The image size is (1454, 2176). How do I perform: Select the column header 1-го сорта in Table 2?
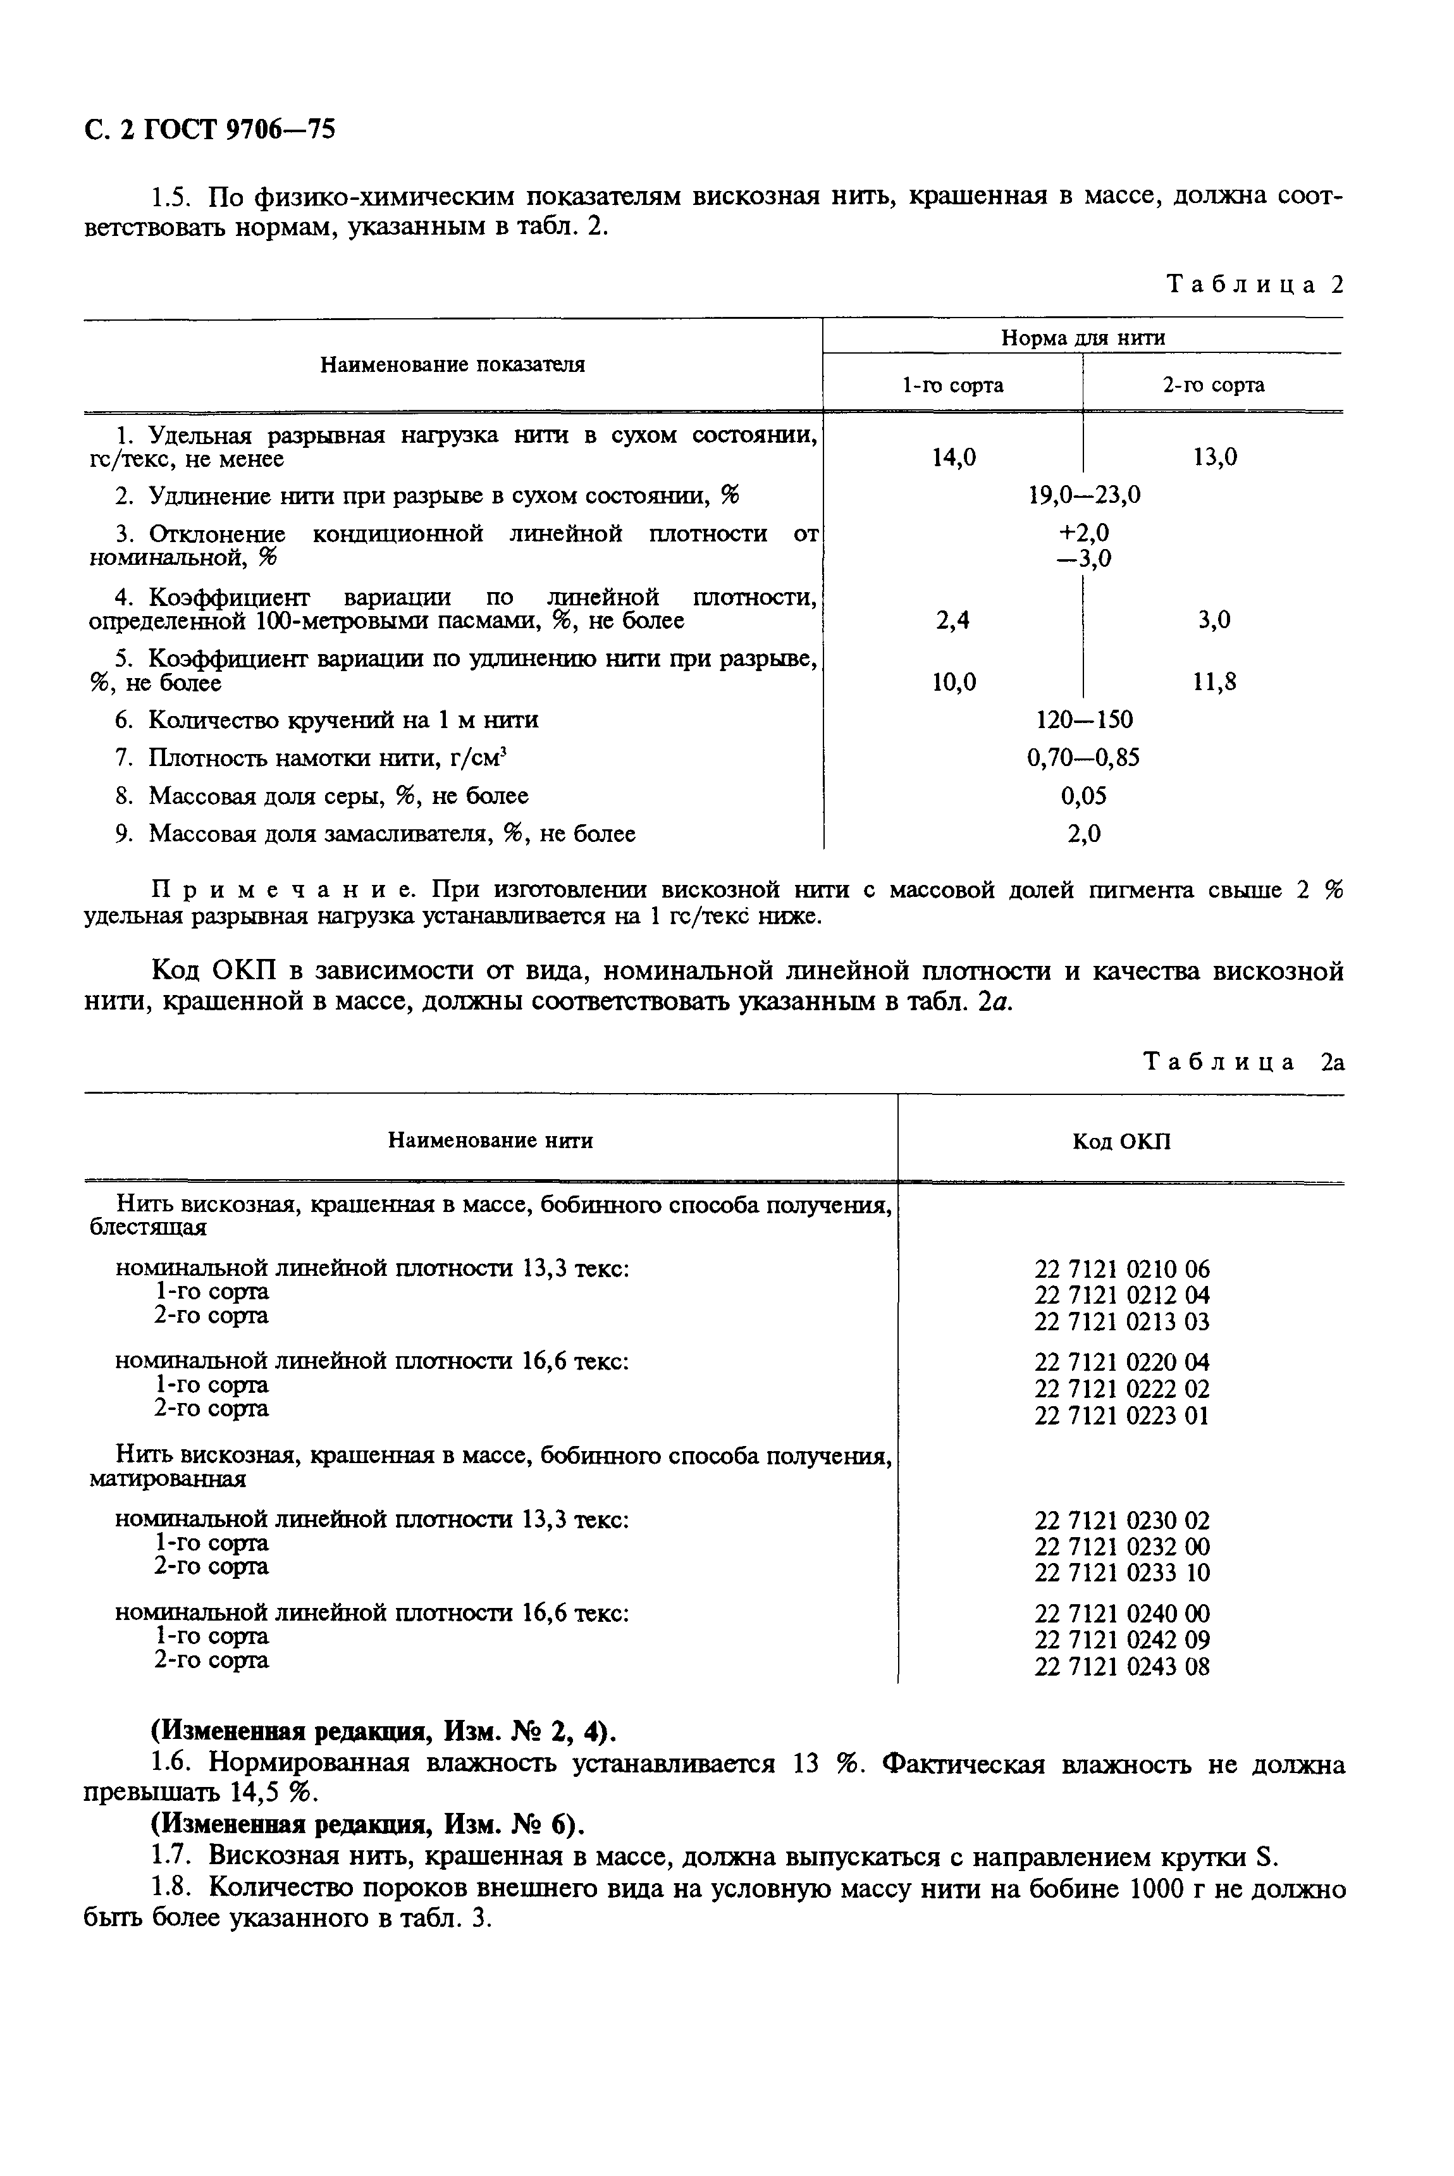952,385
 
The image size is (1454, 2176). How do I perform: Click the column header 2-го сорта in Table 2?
1213,385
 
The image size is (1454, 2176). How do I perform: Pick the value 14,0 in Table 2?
953,457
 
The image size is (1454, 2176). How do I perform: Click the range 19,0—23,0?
1084,495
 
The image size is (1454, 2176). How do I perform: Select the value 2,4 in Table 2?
953,621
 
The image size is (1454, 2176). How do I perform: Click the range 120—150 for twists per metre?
1084,720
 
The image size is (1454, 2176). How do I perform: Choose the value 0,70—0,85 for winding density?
1083,758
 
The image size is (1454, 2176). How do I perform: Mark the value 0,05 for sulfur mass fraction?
1083,796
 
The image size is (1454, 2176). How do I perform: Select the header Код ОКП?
1121,1141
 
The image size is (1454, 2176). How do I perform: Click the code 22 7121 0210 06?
1122,1269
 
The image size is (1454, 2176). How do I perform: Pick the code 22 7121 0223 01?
1122,1416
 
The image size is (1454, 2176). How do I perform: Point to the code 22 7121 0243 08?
1122,1667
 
